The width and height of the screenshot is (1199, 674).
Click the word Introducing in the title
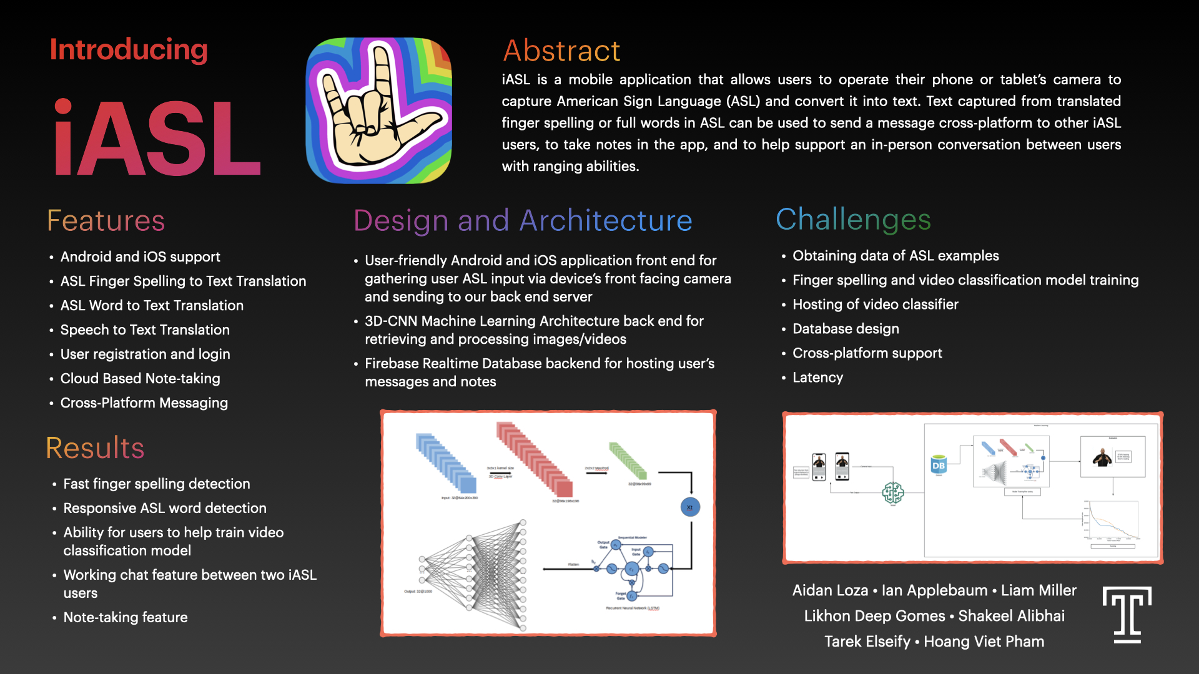pos(129,50)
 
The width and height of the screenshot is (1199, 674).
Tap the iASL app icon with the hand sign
pos(378,110)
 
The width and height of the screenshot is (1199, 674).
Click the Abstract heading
pos(561,51)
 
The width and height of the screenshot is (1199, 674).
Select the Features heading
pos(106,221)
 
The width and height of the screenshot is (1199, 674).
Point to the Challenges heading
pos(853,220)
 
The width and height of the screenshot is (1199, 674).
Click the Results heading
pos(95,448)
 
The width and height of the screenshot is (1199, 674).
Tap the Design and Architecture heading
pos(523,221)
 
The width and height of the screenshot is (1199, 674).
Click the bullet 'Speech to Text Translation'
pos(145,330)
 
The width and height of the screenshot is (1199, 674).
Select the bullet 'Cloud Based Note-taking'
pos(140,378)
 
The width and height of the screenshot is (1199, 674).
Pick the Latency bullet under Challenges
pos(817,378)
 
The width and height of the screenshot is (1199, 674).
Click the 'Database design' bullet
pos(846,329)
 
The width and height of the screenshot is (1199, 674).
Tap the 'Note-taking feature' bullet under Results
pos(125,617)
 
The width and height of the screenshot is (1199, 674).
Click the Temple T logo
pos(1127,615)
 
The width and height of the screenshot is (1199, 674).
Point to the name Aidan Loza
pos(830,590)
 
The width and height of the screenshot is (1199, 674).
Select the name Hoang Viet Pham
pos(984,642)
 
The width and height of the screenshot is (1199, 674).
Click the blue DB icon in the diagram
pos(938,465)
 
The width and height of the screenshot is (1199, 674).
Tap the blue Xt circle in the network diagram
pos(690,507)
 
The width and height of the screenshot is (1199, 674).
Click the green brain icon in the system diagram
pos(893,493)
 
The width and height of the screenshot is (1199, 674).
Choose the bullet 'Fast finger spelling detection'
pos(156,484)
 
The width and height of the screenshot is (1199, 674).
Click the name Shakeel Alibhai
pos(1011,616)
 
